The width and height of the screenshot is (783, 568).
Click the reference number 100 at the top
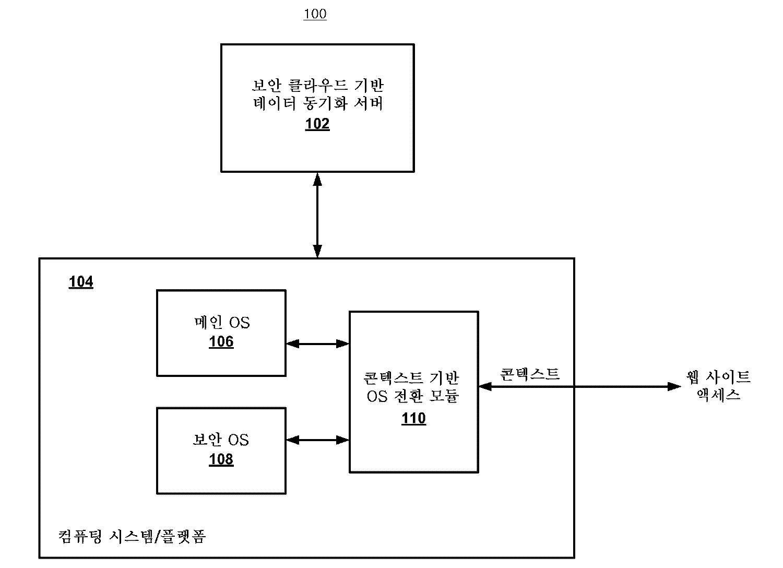[x=315, y=14]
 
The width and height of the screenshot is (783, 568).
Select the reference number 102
[x=317, y=124]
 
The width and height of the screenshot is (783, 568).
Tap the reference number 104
[x=81, y=282]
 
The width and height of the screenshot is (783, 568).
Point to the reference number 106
[x=221, y=342]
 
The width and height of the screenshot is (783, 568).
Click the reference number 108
[x=221, y=459]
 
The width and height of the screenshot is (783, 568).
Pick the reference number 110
[x=414, y=419]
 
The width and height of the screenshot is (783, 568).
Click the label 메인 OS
[x=221, y=323]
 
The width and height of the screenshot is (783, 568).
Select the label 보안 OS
[x=221, y=440]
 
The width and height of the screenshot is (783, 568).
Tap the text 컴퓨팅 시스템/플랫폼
[x=132, y=536]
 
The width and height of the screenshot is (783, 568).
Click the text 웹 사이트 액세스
[x=719, y=385]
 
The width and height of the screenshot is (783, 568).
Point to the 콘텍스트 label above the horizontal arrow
[x=529, y=374]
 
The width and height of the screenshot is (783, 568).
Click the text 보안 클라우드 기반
[x=317, y=85]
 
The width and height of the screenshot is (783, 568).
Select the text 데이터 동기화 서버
[x=317, y=103]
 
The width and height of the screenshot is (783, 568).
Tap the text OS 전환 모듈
[x=413, y=396]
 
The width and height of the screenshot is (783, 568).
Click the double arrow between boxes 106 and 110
[x=317, y=344]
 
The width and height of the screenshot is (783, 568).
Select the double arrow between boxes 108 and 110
[x=317, y=440]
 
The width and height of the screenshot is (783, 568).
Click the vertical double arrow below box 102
[x=317, y=215]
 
